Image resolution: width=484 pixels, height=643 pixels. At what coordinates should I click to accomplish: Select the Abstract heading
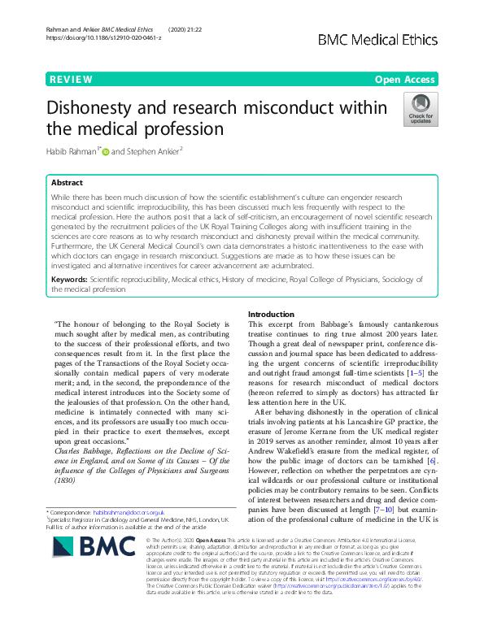pyautogui.click(x=68, y=184)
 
